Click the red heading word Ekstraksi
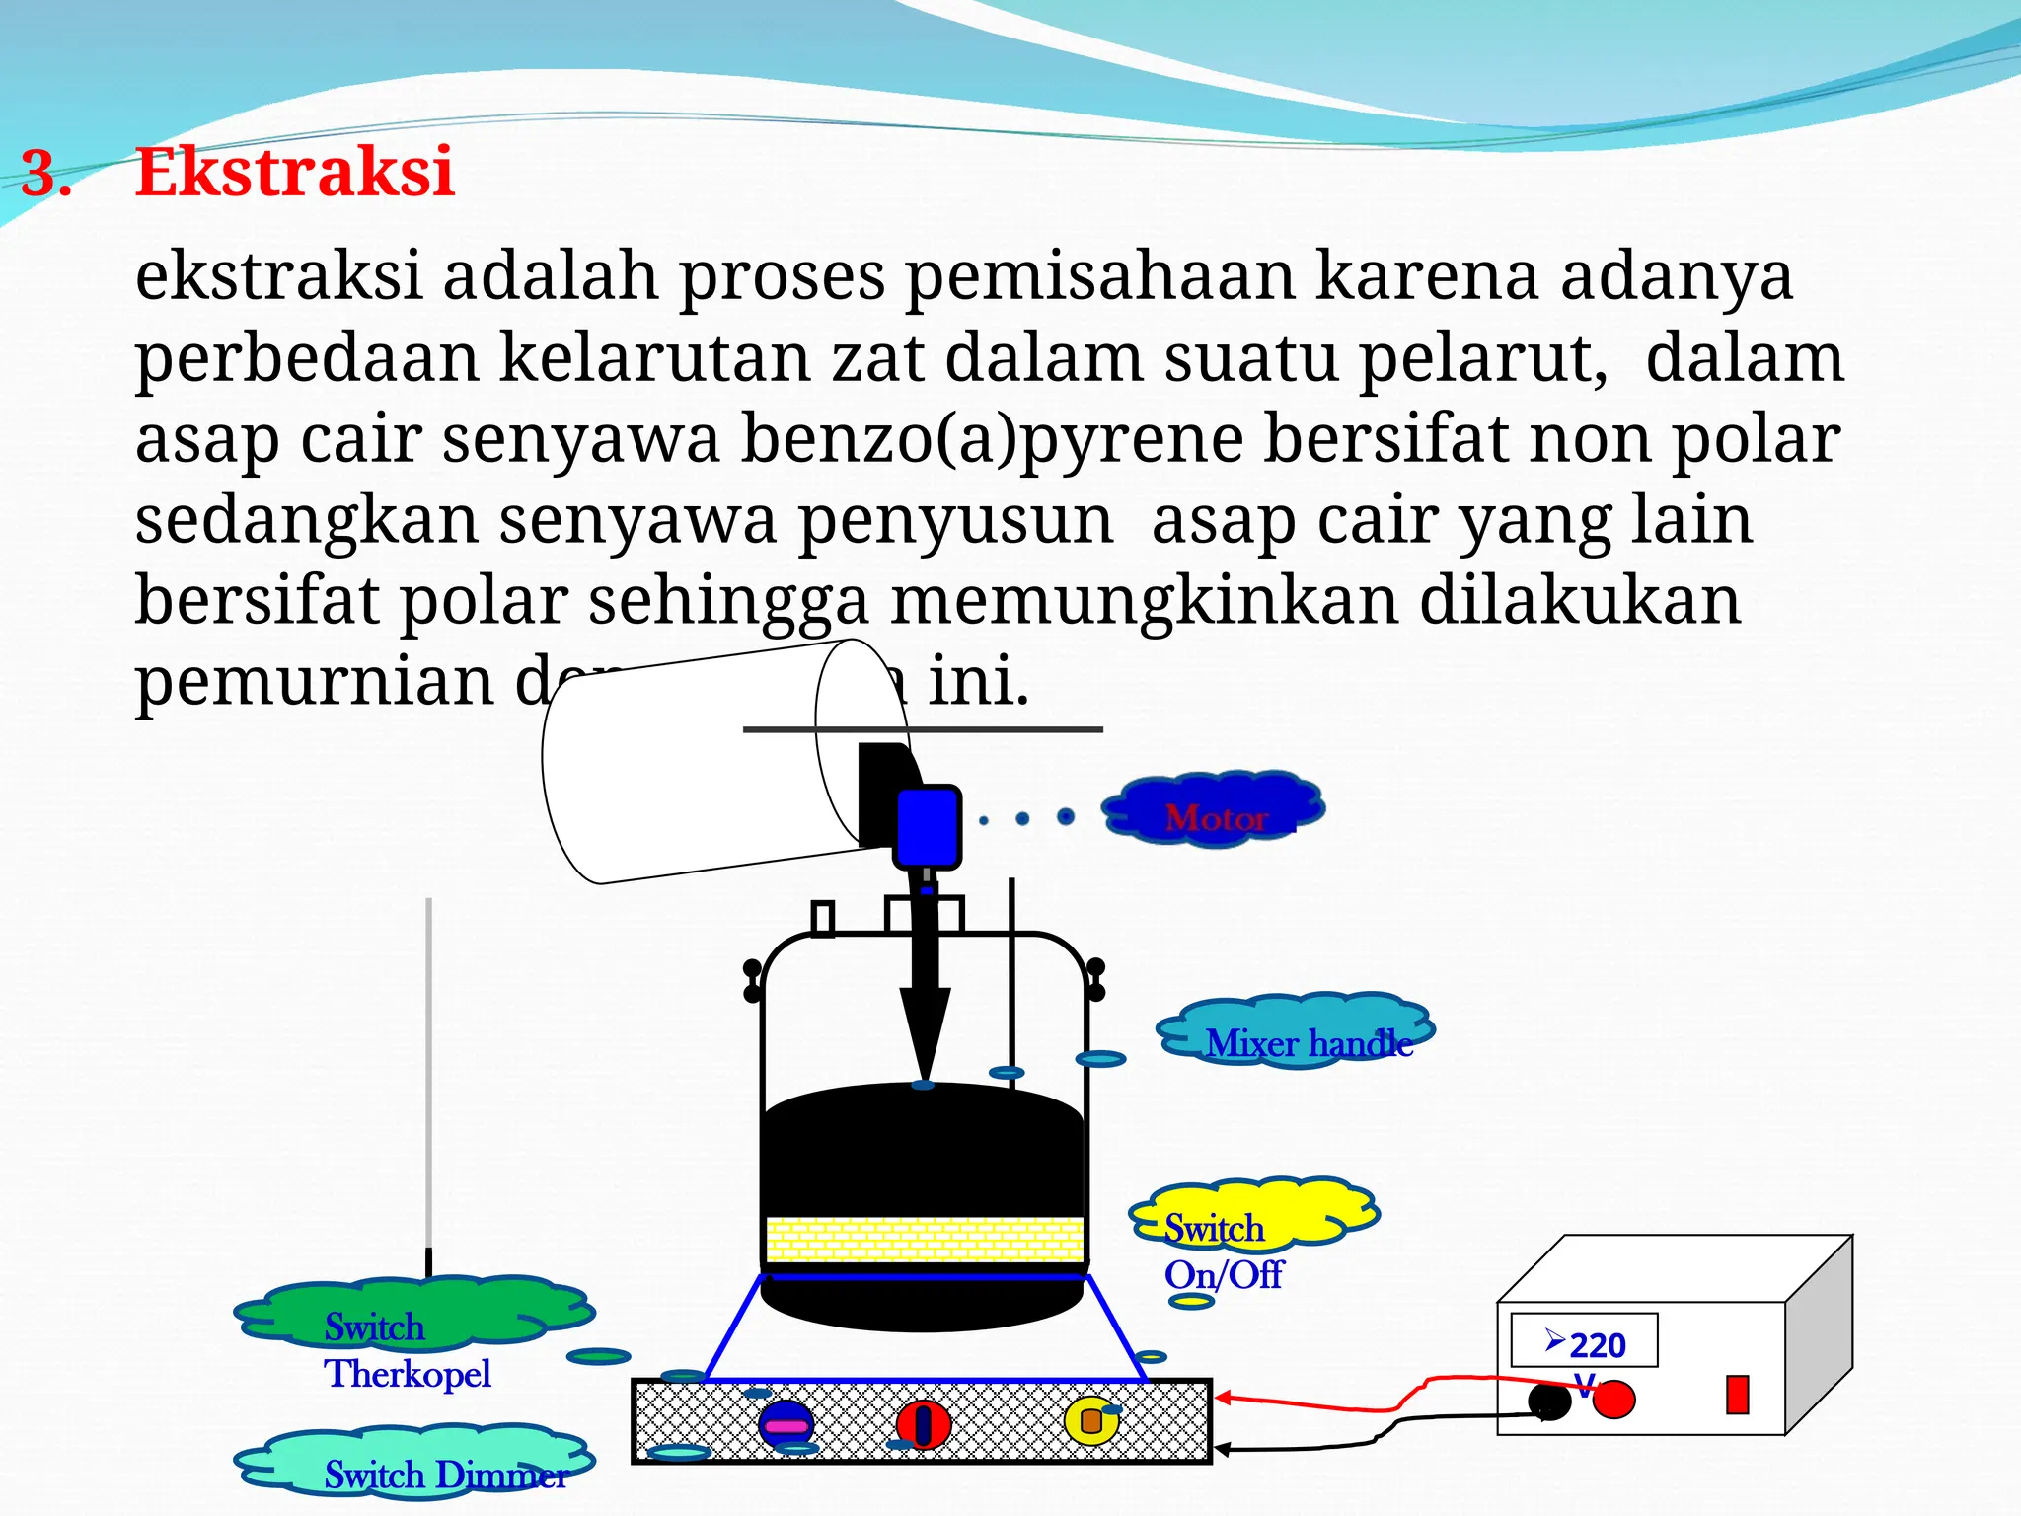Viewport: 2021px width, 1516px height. pos(294,173)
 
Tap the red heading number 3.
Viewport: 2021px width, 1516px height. pos(46,175)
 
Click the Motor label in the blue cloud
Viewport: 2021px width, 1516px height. pos(1216,817)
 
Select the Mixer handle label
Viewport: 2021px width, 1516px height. pos(1309,1043)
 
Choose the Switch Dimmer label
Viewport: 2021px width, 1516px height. pos(446,1475)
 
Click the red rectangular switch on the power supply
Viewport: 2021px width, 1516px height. pos(1737,1395)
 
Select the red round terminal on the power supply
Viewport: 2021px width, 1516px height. pos(1614,1400)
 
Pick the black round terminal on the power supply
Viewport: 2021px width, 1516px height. pos(1548,1401)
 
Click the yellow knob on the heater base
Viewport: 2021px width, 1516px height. pos(1091,1421)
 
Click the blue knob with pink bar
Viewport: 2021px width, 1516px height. pos(786,1425)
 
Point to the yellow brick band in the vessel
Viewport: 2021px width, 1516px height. pos(924,1240)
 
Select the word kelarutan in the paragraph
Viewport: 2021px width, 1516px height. pos(663,357)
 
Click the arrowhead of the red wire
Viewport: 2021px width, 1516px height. pos(1223,1398)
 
